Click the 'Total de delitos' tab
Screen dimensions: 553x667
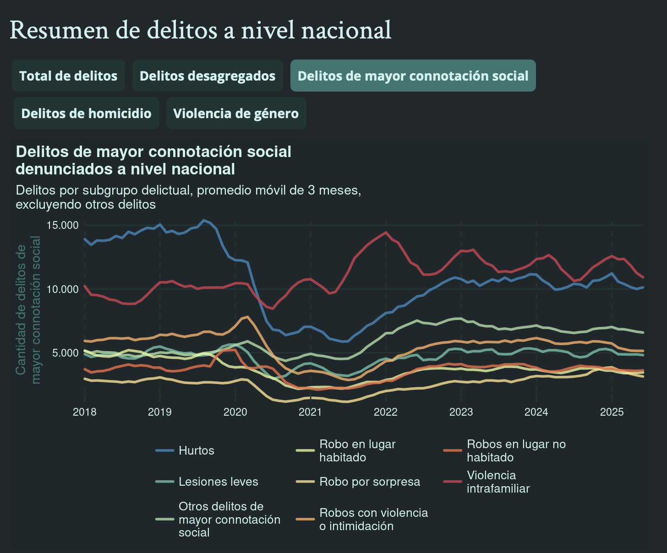(68, 76)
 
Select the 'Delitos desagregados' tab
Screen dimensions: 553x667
(208, 76)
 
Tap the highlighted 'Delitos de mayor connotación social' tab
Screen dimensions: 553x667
(413, 76)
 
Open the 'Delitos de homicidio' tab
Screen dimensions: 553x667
(86, 113)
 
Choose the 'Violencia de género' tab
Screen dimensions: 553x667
(236, 113)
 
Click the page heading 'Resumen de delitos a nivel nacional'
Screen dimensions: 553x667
(200, 30)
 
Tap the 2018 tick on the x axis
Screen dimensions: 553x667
(85, 412)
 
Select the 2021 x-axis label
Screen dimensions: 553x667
(310, 412)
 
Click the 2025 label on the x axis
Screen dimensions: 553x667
(612, 412)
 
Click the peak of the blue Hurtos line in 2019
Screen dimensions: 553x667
(204, 221)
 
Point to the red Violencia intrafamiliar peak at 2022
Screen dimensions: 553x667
(386, 233)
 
